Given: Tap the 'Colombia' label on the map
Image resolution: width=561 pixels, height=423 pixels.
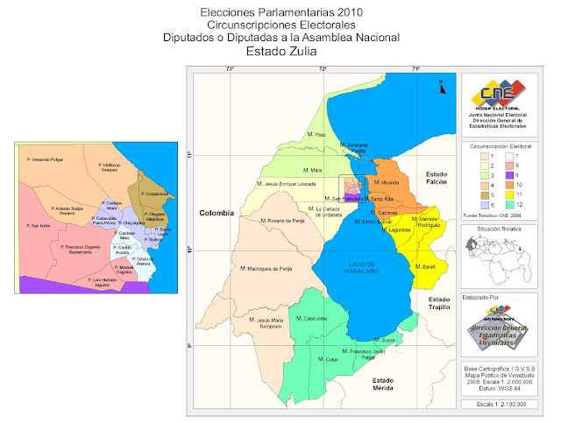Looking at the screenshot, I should coord(218,213).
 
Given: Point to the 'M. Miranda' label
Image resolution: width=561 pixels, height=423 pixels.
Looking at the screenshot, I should coord(387,182).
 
